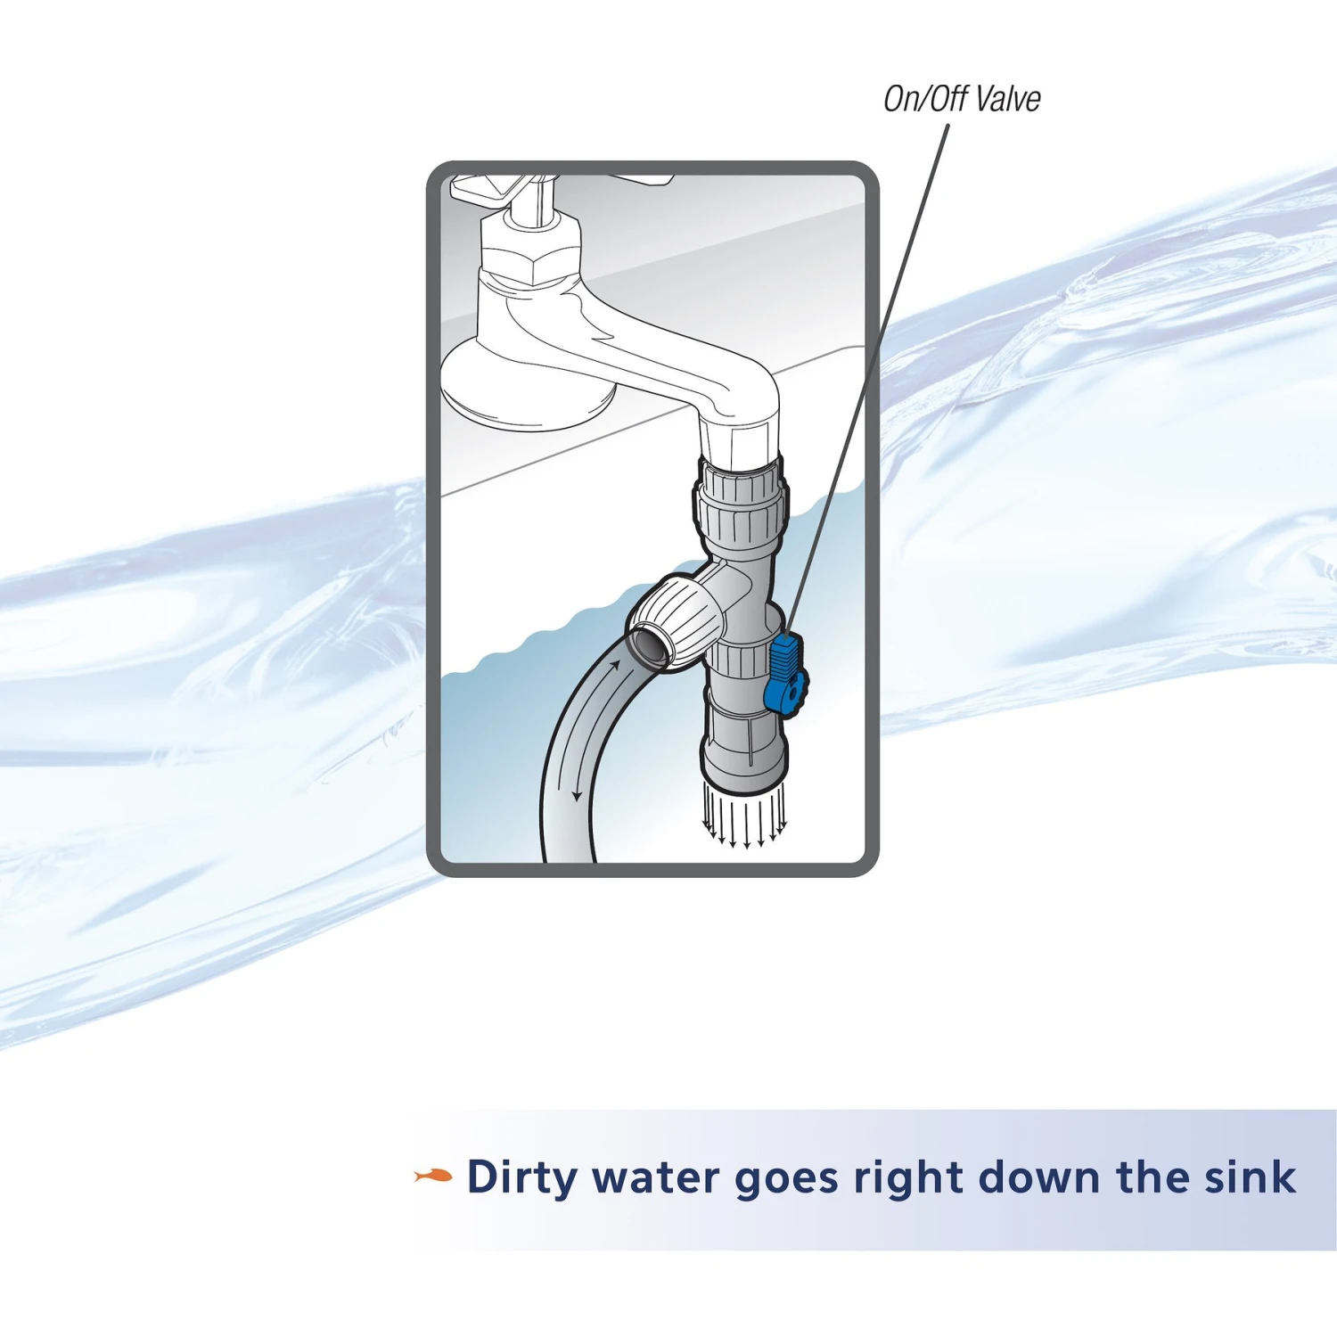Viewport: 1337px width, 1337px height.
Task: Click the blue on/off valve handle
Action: (784, 674)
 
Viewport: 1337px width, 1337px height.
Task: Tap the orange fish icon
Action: (433, 1177)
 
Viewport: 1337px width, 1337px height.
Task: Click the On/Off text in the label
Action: (926, 98)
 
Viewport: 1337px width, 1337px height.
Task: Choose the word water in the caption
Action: (655, 1177)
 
